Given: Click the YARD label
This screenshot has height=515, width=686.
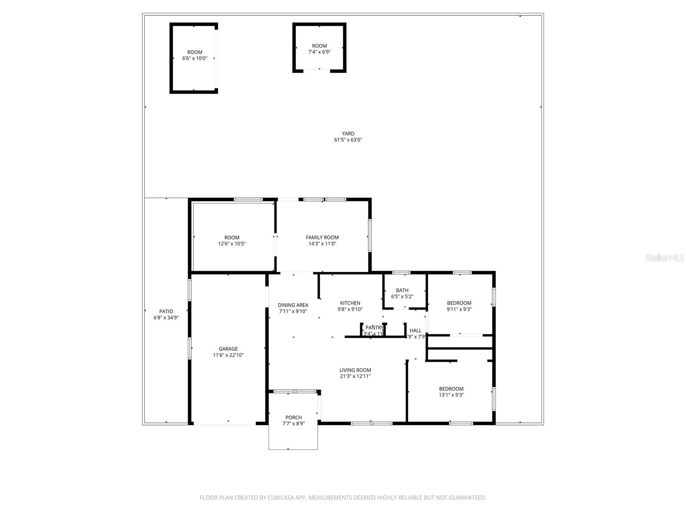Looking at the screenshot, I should click(x=348, y=133).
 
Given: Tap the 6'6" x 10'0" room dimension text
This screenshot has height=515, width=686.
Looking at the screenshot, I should click(x=195, y=58).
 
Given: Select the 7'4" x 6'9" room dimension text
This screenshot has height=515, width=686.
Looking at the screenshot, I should click(x=319, y=52).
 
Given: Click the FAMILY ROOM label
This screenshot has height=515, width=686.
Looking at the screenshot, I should click(x=322, y=237).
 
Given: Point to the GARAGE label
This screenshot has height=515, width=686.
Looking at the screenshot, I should click(x=228, y=349).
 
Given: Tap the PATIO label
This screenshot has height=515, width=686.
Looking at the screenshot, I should click(x=166, y=312).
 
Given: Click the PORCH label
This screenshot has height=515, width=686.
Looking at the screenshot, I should click(x=293, y=418).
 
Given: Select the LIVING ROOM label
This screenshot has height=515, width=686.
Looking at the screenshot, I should click(x=355, y=370).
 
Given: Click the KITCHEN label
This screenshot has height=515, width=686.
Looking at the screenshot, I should click(x=350, y=303).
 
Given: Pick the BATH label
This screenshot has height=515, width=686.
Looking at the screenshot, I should click(x=402, y=291).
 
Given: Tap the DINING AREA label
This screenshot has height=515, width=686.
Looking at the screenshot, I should click(x=293, y=305).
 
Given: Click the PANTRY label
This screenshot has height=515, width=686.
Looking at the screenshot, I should click(x=374, y=327).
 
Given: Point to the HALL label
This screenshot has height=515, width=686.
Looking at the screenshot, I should click(x=415, y=330).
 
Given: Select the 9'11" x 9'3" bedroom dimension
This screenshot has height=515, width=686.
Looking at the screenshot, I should click(x=459, y=309).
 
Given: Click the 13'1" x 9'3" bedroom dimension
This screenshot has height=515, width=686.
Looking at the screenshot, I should click(x=451, y=395).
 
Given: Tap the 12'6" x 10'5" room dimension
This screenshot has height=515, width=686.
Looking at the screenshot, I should click(x=232, y=244).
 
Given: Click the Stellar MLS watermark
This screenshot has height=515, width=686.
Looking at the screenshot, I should click(x=664, y=258).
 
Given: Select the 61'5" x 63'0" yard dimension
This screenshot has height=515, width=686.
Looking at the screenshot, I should click(x=348, y=140).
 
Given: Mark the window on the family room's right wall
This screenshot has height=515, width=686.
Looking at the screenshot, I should click(x=370, y=236).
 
